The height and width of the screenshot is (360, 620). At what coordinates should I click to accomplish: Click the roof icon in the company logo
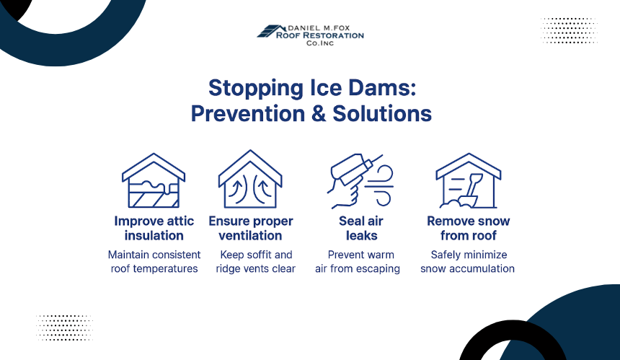[x=271, y=31]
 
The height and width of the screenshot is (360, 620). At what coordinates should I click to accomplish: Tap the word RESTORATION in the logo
[x=333, y=35]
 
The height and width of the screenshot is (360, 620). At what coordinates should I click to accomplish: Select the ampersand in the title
[x=319, y=113]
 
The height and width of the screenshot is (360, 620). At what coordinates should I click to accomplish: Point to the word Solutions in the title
[x=382, y=113]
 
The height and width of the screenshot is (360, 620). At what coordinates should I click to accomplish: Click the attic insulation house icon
[x=154, y=180]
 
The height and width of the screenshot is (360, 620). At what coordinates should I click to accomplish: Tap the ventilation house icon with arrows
[x=250, y=179]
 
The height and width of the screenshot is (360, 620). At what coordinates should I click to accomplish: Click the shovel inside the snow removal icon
[x=472, y=190]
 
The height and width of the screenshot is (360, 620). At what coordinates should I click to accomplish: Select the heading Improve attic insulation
[x=154, y=228]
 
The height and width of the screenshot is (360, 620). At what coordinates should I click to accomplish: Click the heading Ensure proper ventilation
[x=251, y=228]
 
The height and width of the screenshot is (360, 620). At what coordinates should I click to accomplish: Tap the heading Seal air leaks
[x=361, y=228]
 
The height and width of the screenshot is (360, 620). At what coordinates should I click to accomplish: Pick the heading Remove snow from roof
[x=468, y=228]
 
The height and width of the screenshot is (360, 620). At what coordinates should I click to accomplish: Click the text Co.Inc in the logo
[x=320, y=43]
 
